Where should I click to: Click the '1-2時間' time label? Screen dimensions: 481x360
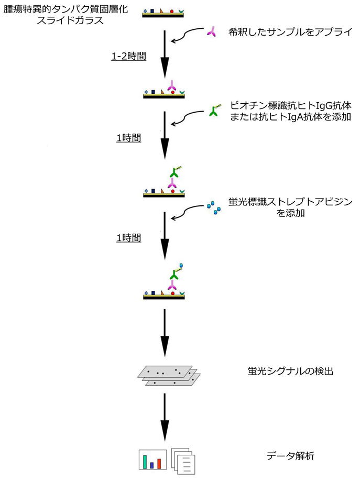(x=128, y=57)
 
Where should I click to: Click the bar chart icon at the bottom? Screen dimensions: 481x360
(x=152, y=459)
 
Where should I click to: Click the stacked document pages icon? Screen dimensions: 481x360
(x=184, y=460)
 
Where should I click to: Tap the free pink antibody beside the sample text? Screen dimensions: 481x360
(x=211, y=33)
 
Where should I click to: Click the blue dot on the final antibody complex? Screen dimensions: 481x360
(x=181, y=265)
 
